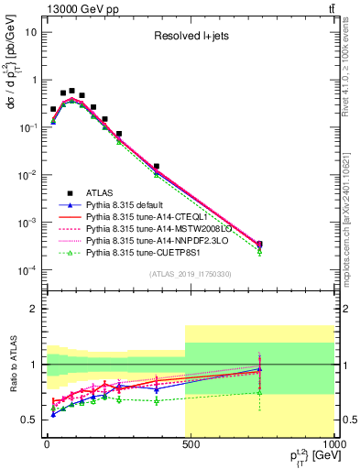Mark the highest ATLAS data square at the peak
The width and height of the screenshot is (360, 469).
[x=71, y=91]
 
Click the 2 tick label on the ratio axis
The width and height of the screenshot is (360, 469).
[x=36, y=309]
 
